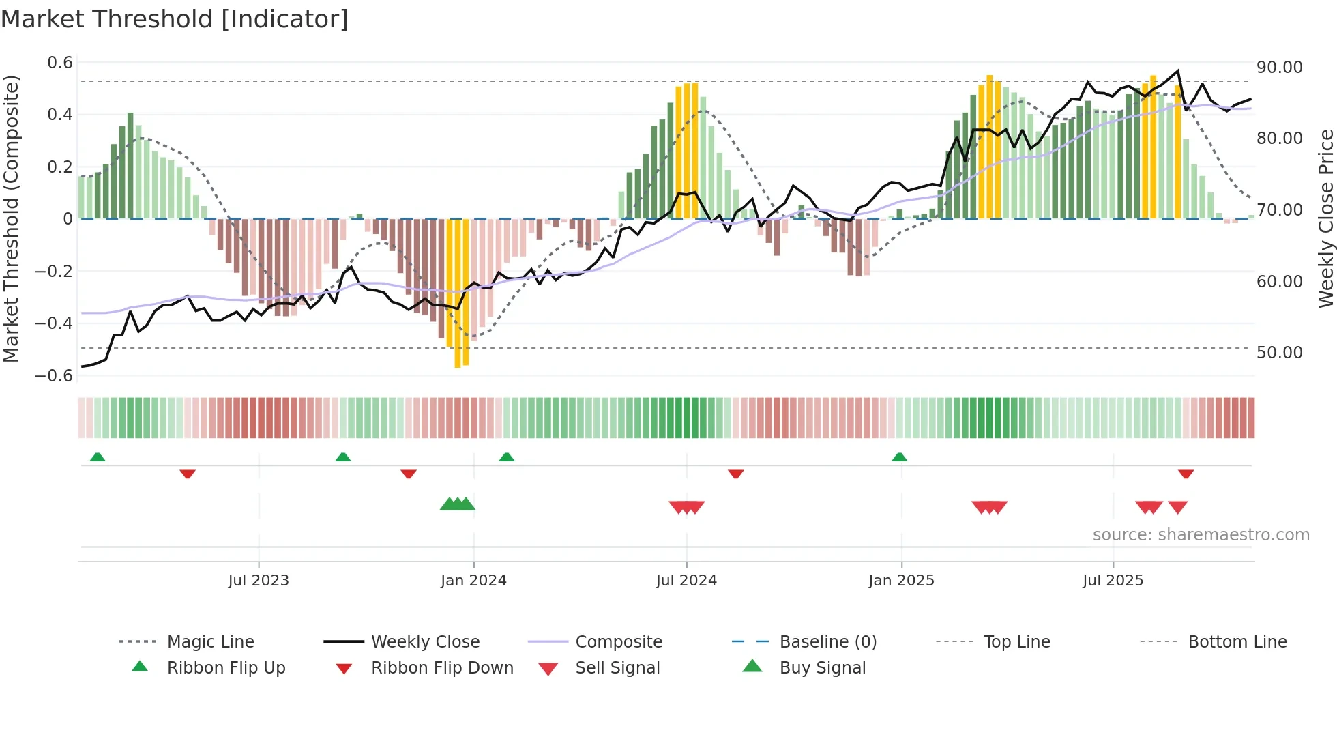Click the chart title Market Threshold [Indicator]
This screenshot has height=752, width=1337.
(x=175, y=19)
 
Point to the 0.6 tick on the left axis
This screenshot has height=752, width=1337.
(x=60, y=63)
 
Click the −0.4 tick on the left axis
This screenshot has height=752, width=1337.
(x=54, y=323)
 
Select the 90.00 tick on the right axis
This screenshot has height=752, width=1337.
(x=1280, y=68)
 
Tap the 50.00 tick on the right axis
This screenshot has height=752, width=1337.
(x=1280, y=353)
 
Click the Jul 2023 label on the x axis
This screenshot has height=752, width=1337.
(x=259, y=581)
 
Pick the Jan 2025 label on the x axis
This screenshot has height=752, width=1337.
(x=901, y=581)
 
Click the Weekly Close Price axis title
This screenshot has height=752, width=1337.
(x=1325, y=218)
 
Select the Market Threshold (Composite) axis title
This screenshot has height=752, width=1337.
(x=11, y=218)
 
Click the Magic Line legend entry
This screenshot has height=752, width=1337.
(x=210, y=642)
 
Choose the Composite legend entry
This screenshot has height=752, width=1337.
(x=618, y=642)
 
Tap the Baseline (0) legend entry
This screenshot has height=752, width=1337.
(x=827, y=642)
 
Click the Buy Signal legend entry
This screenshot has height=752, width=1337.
(x=822, y=668)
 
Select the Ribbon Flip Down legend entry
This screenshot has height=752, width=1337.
(x=441, y=668)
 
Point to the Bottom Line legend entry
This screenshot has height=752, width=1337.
(x=1237, y=642)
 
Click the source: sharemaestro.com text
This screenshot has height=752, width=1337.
(x=1201, y=535)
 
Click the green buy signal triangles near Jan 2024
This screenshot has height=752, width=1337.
(x=458, y=505)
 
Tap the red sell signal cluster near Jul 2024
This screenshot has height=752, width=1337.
(x=686, y=507)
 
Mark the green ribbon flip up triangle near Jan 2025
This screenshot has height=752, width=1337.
(x=899, y=457)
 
